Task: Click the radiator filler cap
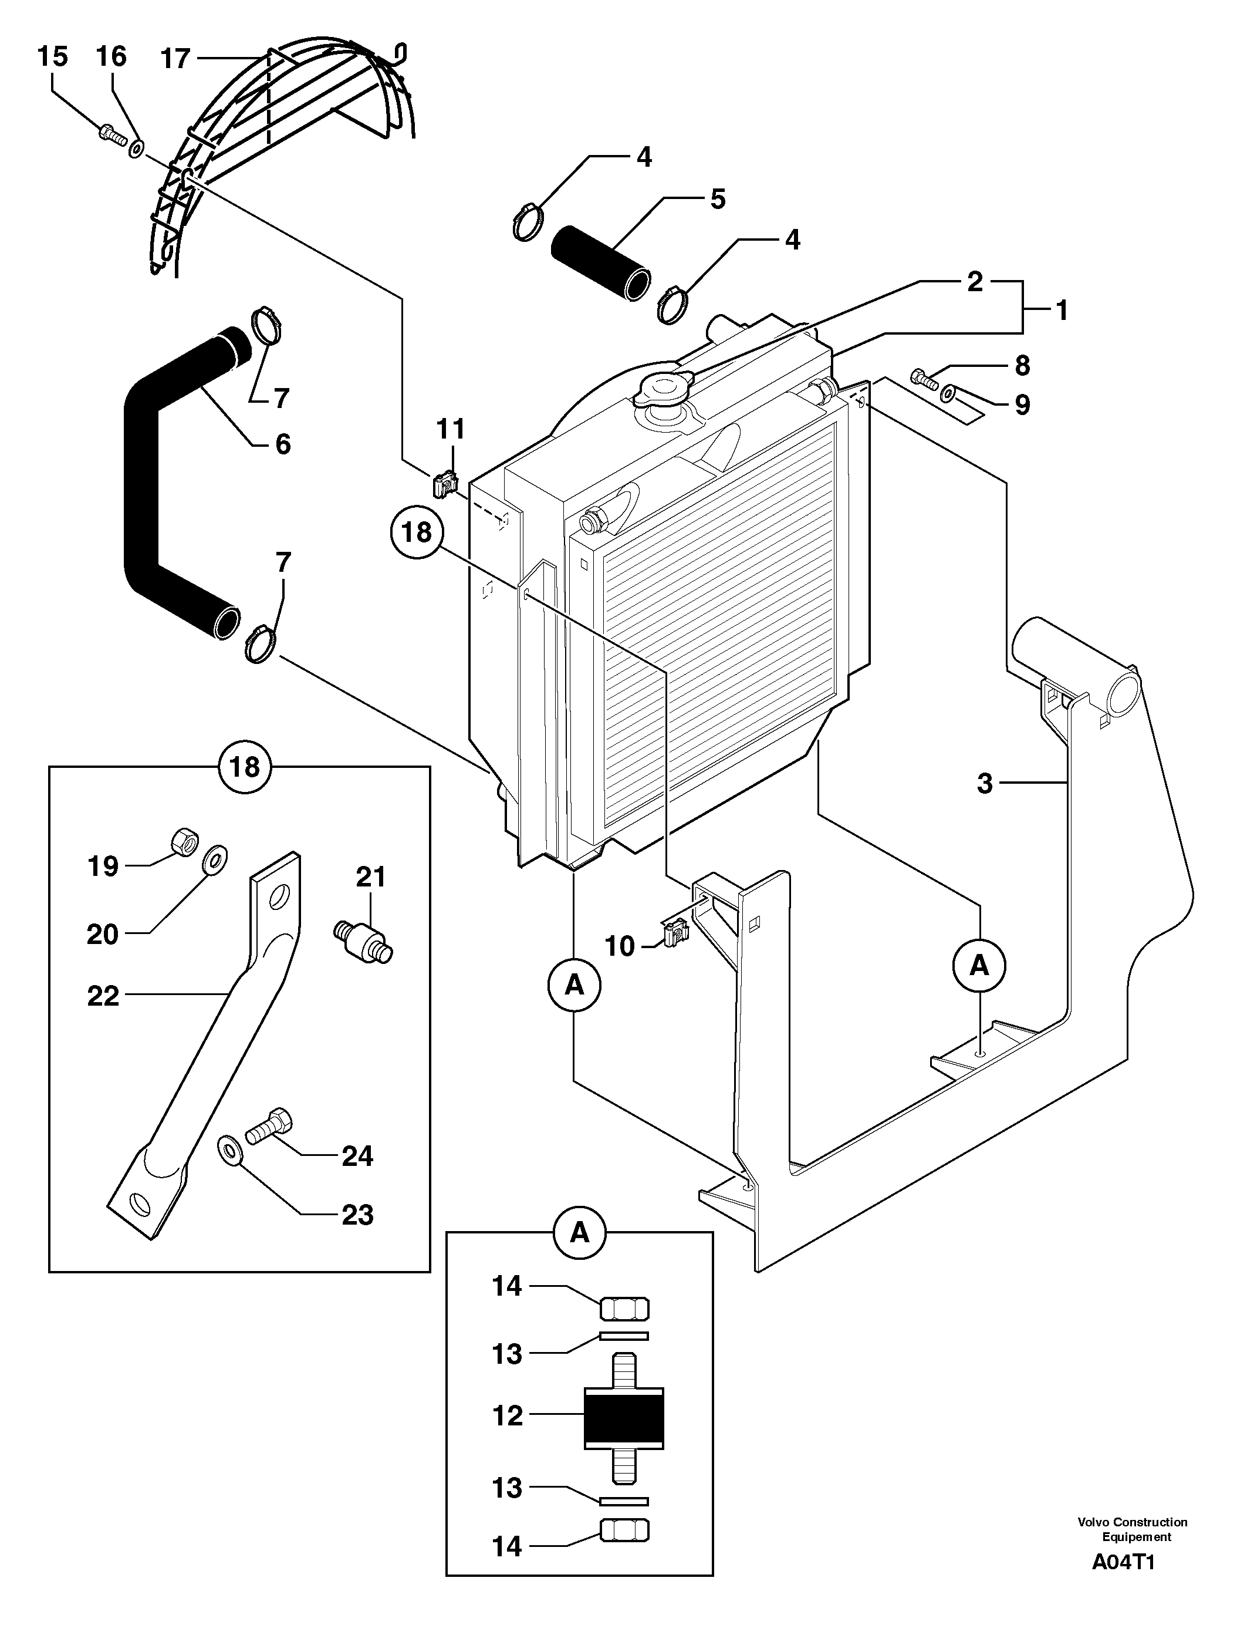point(664,388)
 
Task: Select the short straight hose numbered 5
point(601,263)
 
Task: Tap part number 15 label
point(52,57)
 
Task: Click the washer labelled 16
point(137,149)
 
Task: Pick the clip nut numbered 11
point(444,484)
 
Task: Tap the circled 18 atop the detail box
point(245,767)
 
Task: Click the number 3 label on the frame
point(985,784)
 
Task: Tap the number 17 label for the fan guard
point(175,59)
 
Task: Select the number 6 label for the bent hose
point(283,444)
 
